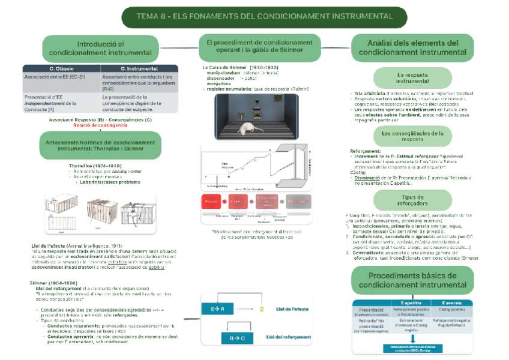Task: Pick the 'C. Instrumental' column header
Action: click(138, 69)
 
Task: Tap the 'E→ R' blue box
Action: click(218, 309)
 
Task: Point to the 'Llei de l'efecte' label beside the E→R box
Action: click(292, 309)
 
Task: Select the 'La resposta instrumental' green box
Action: click(412, 78)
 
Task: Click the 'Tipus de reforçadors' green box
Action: click(412, 200)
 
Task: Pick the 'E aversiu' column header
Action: click(451, 302)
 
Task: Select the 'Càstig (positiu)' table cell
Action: click(451, 310)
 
